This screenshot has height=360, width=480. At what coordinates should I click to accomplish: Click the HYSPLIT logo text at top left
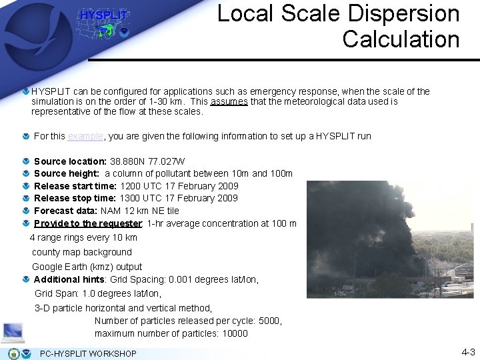pos(103,15)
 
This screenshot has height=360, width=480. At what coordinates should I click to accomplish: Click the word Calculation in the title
pos(401,39)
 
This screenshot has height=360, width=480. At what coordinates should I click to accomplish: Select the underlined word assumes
pos(229,102)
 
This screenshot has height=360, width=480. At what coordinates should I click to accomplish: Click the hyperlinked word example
pos(85,136)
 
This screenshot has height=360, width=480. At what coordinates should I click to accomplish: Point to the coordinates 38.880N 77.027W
pos(147,161)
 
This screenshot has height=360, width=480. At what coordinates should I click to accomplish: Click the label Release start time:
pos(75,186)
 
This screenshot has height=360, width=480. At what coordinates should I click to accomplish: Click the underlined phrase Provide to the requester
pos(87,223)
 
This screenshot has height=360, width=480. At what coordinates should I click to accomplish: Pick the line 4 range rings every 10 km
pos(83,237)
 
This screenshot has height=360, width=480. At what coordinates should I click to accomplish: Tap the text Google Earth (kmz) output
pos(87,267)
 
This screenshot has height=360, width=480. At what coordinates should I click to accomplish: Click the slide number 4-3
pos(468,352)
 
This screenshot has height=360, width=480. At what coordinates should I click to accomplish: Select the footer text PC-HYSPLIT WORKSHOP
pos(88,353)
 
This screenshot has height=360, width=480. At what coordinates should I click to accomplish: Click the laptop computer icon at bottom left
pos(13,331)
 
